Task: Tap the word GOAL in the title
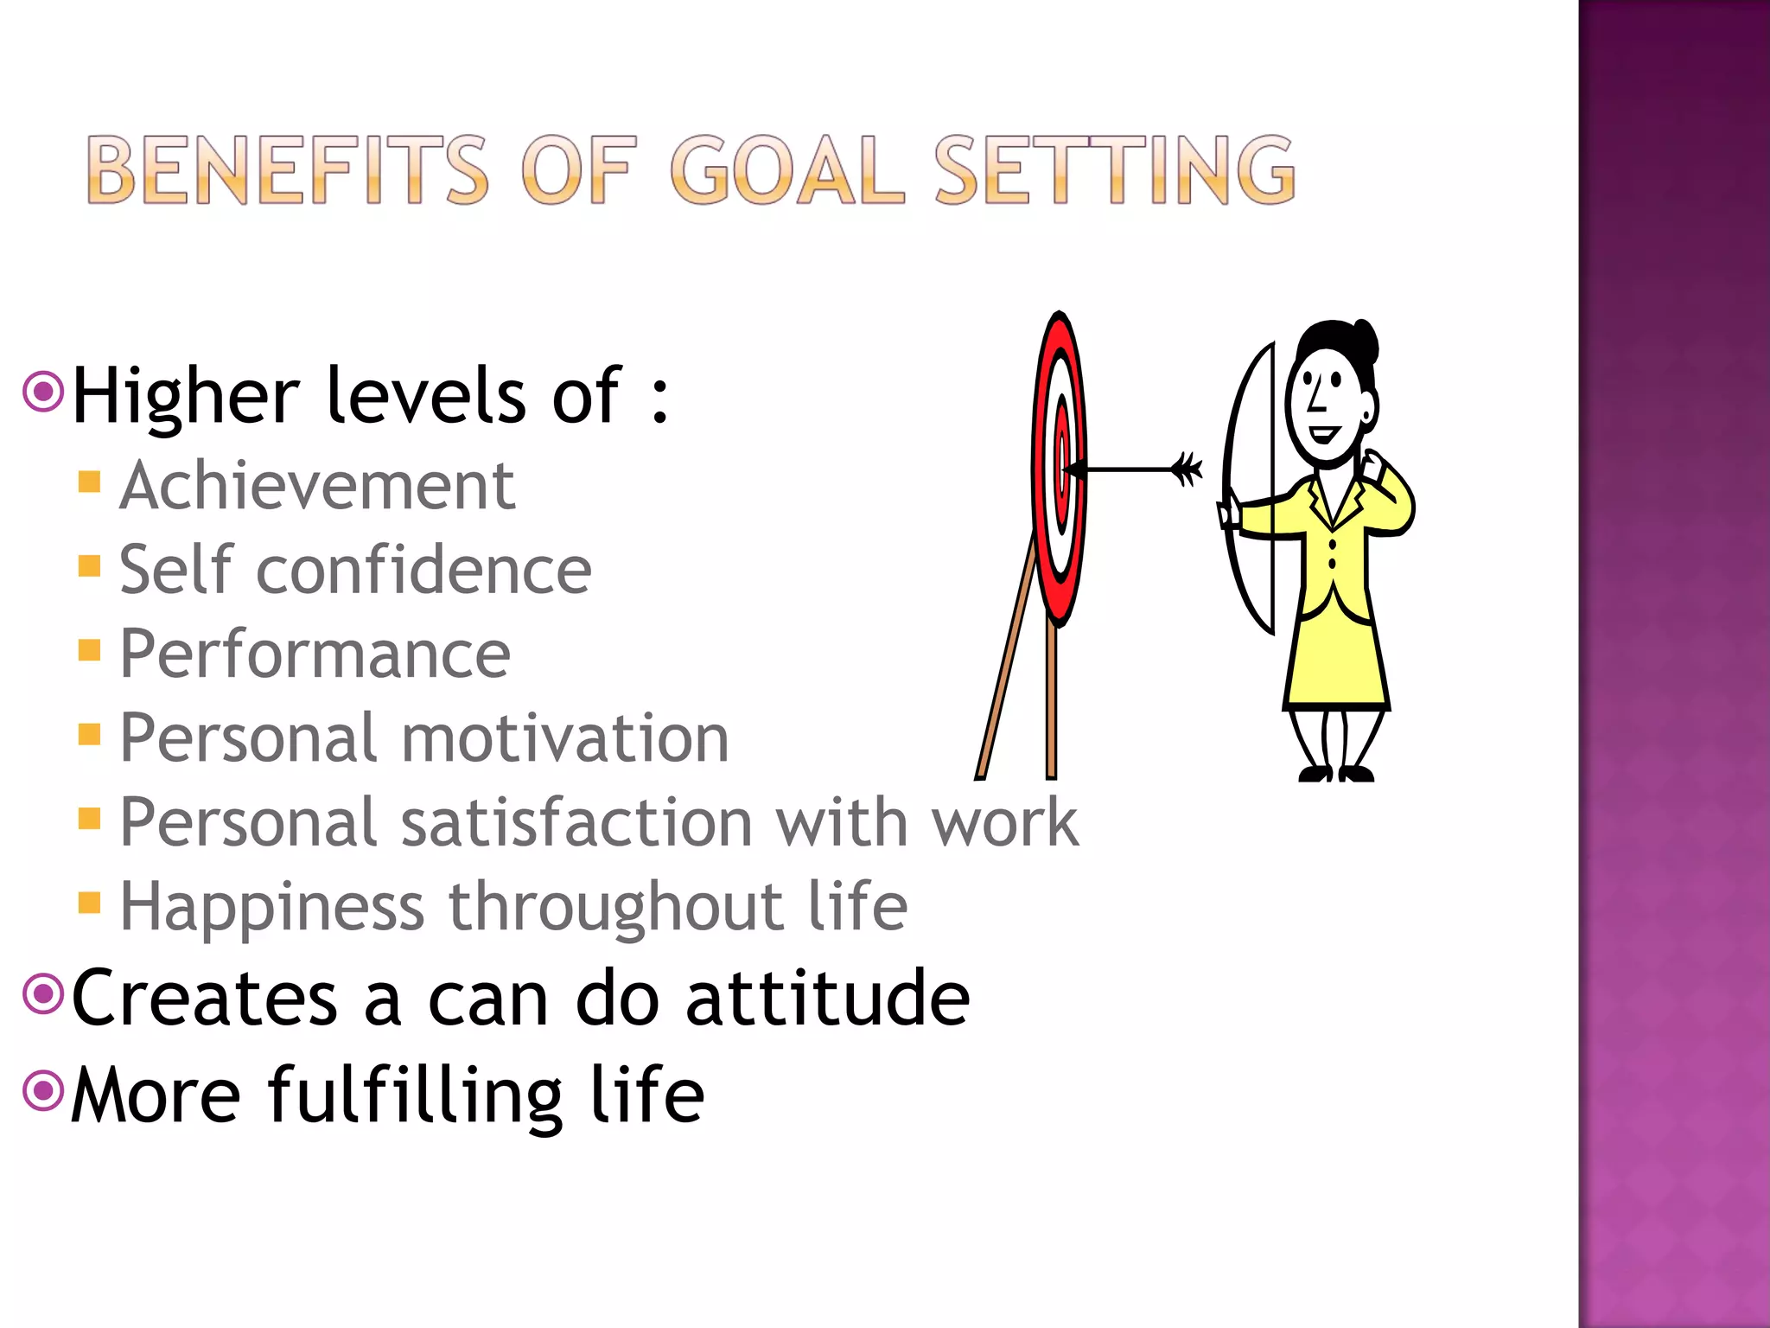[787, 170]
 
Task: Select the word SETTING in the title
[1115, 170]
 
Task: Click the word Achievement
[317, 486]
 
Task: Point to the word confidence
[423, 571]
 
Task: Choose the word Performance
[315, 654]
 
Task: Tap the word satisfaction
[577, 822]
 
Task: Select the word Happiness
[272, 907]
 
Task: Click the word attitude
[827, 999]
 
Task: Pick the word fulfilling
[416, 1095]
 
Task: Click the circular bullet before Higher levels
[43, 392]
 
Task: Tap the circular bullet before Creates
[43, 993]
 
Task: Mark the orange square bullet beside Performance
[89, 649]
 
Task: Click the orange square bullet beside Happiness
[89, 903]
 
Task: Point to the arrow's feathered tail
[1187, 469]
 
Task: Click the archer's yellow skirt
[1335, 661]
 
